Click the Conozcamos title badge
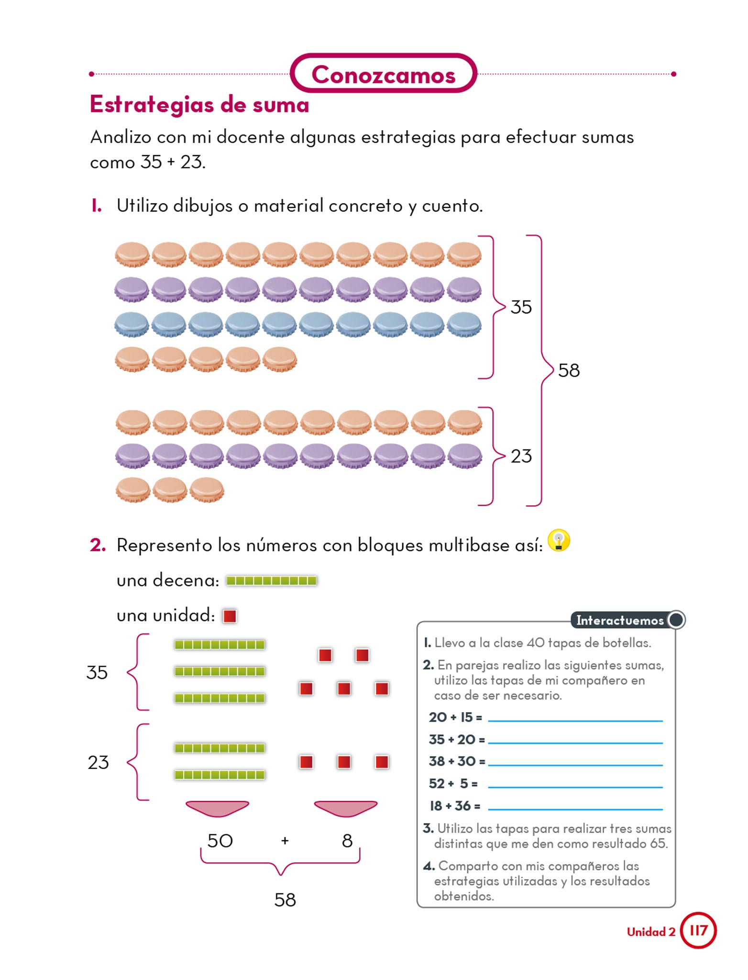(x=383, y=74)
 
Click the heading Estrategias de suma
(x=199, y=104)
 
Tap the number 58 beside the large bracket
(x=569, y=370)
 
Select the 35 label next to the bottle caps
(x=521, y=307)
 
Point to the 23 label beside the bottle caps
(x=521, y=456)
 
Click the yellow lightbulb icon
(x=559, y=541)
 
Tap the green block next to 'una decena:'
(x=271, y=581)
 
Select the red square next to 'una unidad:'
(x=230, y=616)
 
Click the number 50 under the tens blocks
(x=220, y=841)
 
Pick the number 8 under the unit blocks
(x=347, y=841)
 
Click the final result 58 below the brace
(x=285, y=900)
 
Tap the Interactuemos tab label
(x=620, y=621)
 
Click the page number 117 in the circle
(x=698, y=931)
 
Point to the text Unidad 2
(x=651, y=932)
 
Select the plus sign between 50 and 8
(x=285, y=841)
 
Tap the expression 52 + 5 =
(x=453, y=784)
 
